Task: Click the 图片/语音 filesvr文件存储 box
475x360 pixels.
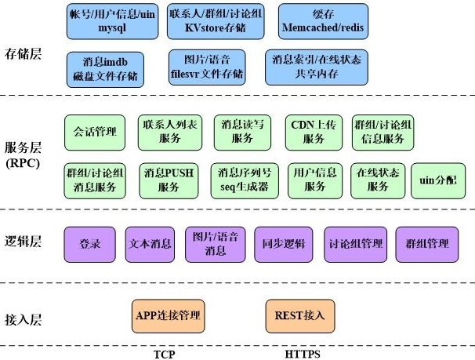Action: click(207, 67)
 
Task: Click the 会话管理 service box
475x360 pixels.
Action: click(95, 132)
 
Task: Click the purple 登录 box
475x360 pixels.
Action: click(90, 244)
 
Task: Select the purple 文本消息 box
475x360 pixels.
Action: click(150, 244)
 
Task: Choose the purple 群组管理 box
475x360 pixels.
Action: click(427, 244)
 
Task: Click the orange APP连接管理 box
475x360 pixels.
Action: click(168, 316)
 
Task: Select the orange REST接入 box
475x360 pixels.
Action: click(300, 316)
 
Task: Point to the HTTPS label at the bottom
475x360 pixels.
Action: click(302, 354)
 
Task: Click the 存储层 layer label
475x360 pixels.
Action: click(23, 54)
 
